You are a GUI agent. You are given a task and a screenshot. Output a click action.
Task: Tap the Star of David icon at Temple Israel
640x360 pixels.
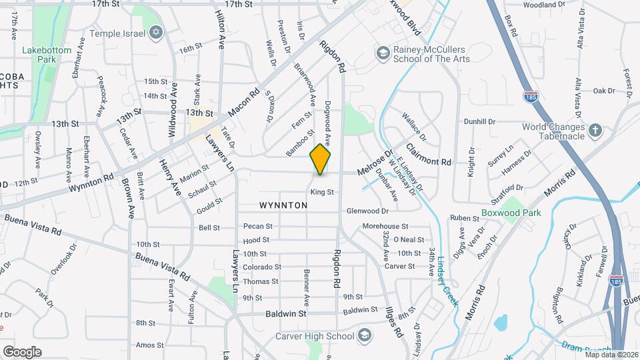157,32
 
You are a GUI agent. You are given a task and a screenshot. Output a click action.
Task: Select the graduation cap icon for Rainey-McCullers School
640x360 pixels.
383,53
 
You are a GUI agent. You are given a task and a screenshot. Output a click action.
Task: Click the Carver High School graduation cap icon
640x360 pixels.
365,335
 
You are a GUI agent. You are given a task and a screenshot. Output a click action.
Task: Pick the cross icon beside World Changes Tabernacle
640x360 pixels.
595,131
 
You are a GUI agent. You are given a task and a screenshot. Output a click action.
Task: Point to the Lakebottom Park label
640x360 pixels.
41,55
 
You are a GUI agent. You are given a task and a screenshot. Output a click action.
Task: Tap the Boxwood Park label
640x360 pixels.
511,213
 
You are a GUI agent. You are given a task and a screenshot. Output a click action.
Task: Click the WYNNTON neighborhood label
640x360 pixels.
283,206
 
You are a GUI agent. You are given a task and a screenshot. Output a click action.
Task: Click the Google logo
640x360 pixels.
21,352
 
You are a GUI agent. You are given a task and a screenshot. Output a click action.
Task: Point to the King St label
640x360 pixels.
321,192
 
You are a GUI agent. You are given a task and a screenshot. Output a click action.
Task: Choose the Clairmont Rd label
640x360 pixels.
429,155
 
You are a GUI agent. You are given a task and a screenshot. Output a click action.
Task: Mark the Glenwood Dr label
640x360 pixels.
367,211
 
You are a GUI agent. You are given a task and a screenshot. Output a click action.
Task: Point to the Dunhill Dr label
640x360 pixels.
480,122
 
